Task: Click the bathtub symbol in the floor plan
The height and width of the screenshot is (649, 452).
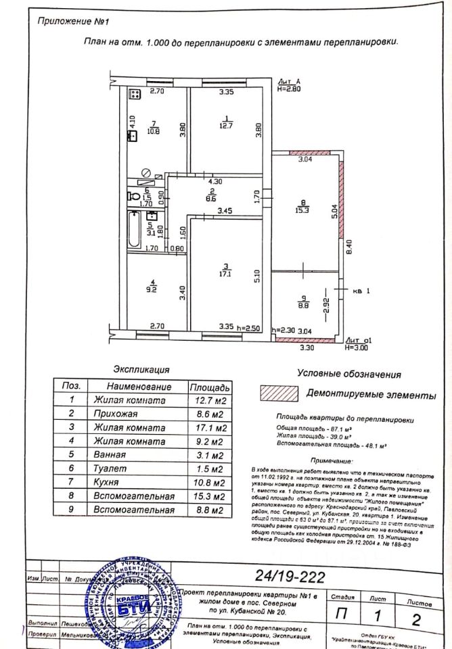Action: [133, 231]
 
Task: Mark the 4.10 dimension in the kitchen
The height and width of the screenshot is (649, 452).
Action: [133, 122]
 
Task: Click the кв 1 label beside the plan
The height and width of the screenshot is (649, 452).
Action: [363, 293]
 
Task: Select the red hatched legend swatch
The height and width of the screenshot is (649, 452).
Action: [278, 393]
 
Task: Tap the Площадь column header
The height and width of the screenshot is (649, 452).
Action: [210, 387]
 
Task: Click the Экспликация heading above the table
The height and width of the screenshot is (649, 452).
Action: [141, 370]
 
